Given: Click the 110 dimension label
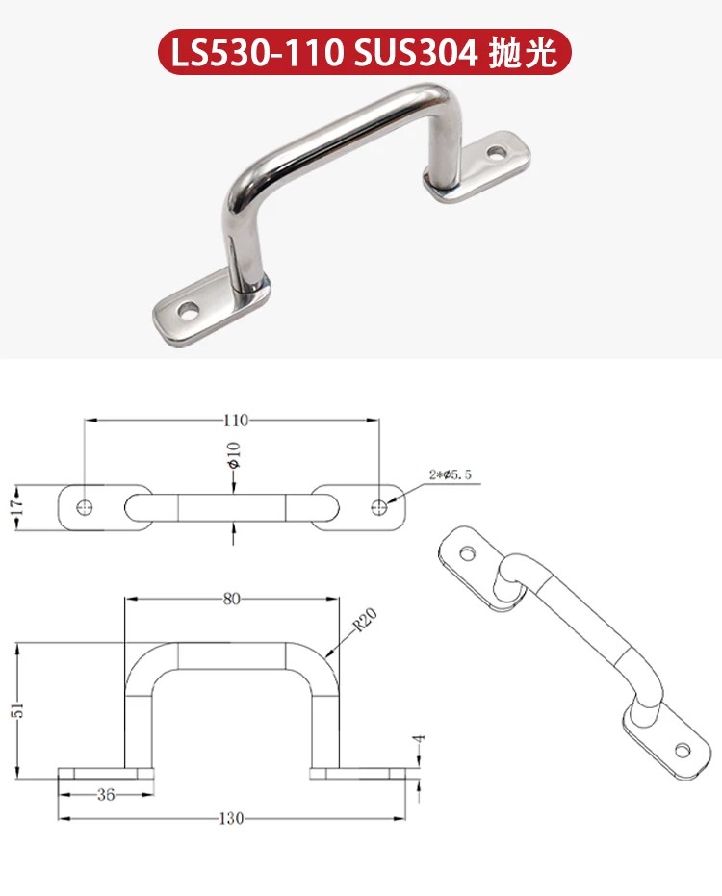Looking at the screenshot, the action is pos(236,421).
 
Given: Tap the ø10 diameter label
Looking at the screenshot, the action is pos(234,455).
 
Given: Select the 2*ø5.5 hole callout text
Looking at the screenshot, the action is pos(451,474).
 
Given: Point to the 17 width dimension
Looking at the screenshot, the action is pos(18,507).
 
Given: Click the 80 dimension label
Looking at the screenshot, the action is pos(231,599).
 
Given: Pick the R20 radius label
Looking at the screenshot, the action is pos(365,621).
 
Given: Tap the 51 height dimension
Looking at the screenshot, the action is pos(19,709).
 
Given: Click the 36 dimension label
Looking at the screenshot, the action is pos(106,794).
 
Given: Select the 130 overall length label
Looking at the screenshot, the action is pos(231,819).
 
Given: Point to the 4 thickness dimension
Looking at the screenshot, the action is pos(420,739).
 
